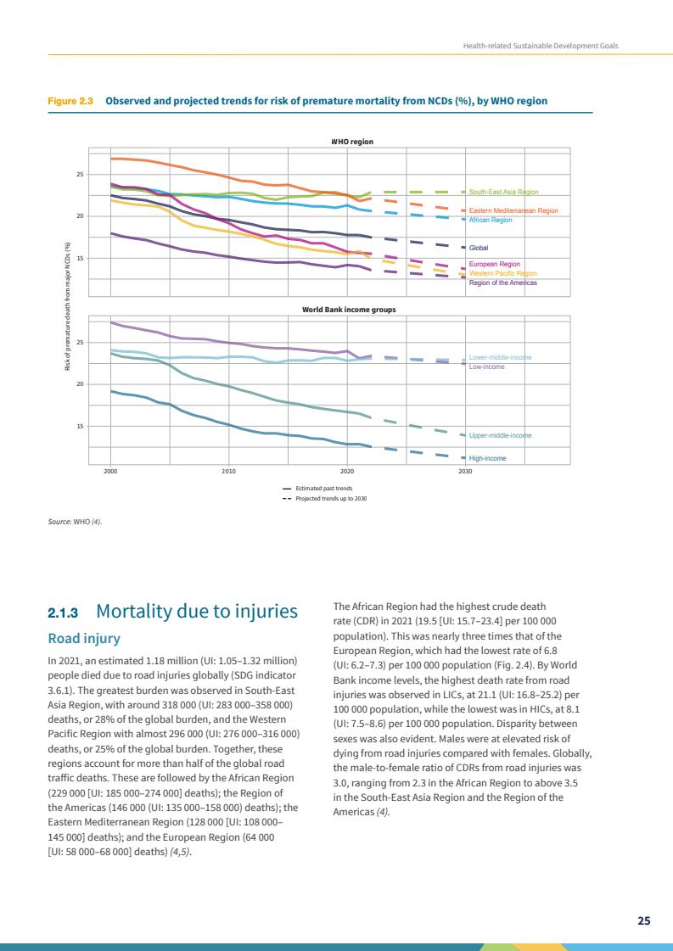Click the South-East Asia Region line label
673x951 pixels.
[x=503, y=193]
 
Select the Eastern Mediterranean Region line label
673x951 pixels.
[x=513, y=210]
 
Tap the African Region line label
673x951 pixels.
[x=491, y=220]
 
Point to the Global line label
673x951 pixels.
[x=480, y=249]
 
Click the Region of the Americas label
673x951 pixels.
[x=502, y=283]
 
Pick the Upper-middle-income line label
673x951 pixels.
[x=500, y=436]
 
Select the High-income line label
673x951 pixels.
[x=487, y=458]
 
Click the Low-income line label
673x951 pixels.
[x=486, y=367]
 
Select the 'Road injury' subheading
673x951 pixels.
[x=84, y=638]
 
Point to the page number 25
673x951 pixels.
[x=644, y=920]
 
